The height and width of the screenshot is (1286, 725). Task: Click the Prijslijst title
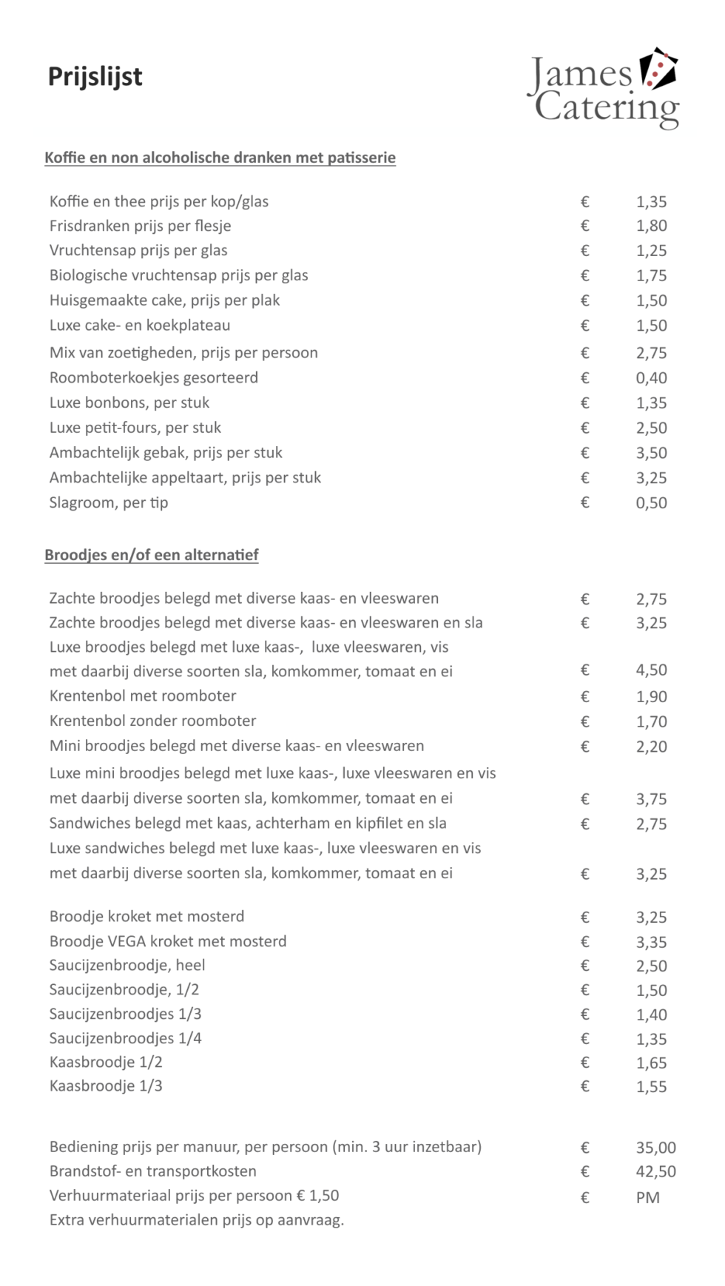click(x=95, y=76)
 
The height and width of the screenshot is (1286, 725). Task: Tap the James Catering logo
click(x=603, y=90)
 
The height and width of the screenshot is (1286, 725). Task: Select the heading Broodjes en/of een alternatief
click(x=151, y=555)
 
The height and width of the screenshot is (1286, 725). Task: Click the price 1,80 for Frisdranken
click(x=651, y=226)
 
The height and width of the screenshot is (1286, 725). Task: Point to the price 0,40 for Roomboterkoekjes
click(x=651, y=378)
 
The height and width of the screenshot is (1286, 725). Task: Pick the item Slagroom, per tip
click(x=109, y=502)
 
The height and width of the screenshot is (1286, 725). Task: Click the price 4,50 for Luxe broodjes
click(x=651, y=670)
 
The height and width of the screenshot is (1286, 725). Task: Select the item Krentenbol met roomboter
click(x=143, y=696)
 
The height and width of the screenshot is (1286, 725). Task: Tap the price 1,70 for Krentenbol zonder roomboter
click(x=651, y=721)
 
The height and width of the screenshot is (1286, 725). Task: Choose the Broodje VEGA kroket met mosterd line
click(x=168, y=941)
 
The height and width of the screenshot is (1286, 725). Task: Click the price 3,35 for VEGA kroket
click(x=651, y=942)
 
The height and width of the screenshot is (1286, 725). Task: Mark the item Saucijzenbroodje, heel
click(x=127, y=965)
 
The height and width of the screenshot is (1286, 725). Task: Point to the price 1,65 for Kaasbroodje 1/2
click(x=651, y=1063)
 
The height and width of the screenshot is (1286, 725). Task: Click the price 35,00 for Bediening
click(x=655, y=1148)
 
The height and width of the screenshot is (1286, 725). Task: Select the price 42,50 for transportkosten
click(x=655, y=1171)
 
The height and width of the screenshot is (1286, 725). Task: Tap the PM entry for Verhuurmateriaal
click(x=647, y=1197)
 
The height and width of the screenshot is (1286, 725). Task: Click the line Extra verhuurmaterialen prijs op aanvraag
click(x=197, y=1219)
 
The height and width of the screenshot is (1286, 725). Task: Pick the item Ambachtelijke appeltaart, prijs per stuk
click(x=185, y=477)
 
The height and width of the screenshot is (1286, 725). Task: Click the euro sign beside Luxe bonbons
click(x=584, y=403)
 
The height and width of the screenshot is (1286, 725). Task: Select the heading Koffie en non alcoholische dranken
click(x=220, y=158)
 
